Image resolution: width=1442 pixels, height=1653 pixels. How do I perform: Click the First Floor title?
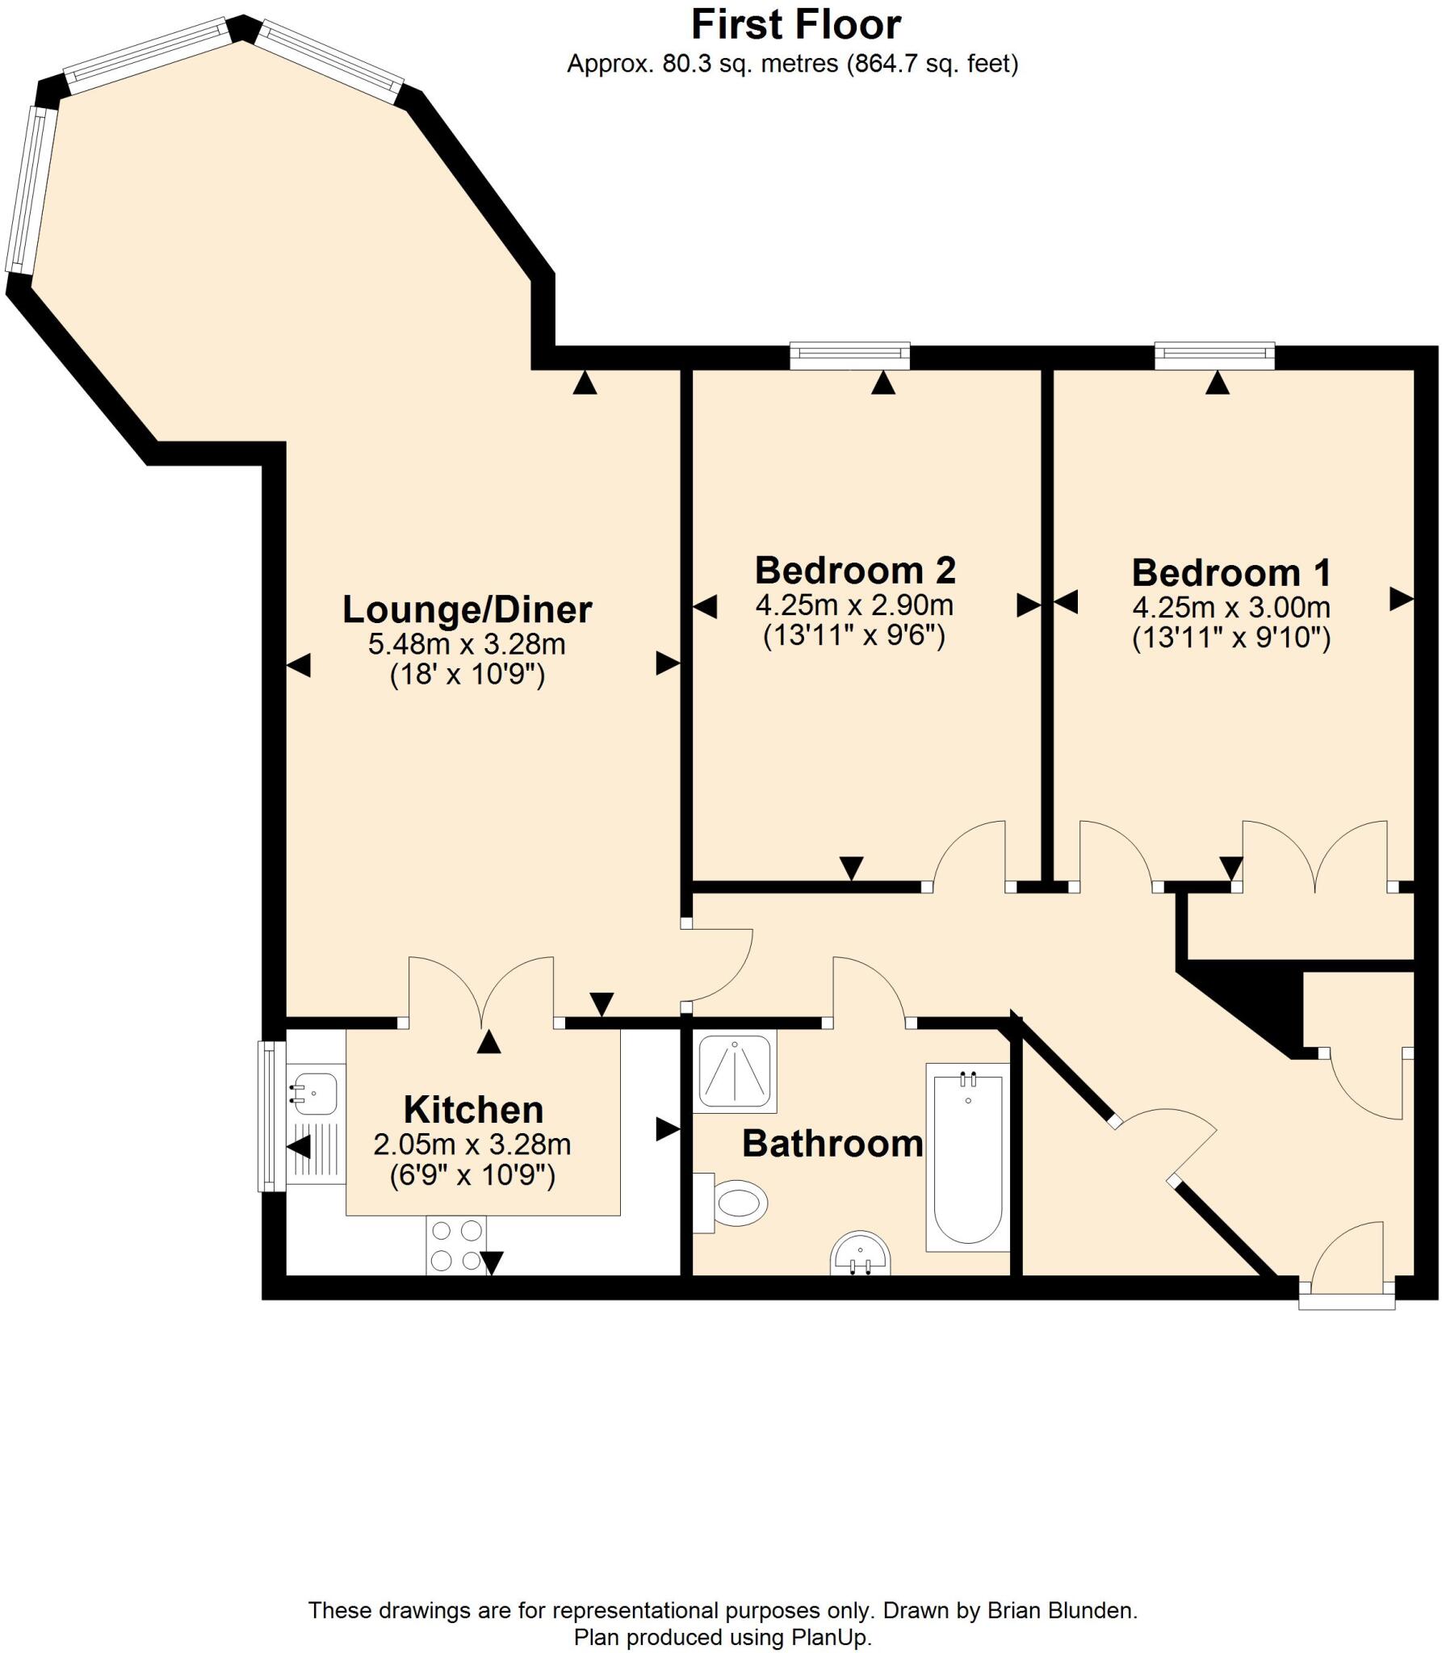tap(795, 25)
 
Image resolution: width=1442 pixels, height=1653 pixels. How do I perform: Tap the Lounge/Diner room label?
tap(467, 609)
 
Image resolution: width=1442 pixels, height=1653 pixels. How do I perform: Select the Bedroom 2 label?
tap(855, 571)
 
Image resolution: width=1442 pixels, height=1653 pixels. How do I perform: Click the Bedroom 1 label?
tap(1231, 573)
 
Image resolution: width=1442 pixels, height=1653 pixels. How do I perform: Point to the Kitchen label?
tap(473, 1110)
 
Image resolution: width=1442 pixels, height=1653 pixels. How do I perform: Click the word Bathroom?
tap(832, 1144)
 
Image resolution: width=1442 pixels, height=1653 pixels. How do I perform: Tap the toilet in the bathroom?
tap(735, 1203)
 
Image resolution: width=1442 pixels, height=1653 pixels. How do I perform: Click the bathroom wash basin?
tap(859, 1256)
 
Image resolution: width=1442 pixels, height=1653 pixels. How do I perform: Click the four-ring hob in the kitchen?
tap(457, 1245)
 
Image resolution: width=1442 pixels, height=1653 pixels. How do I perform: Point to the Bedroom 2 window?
tap(849, 355)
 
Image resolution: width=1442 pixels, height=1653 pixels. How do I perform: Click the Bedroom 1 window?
tap(1214, 355)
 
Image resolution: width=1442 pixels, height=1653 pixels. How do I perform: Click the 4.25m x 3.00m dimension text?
tap(1231, 607)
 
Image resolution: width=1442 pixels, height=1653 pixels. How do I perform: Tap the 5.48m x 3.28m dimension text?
tap(467, 644)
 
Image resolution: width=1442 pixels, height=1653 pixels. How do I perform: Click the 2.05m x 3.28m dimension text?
tap(472, 1145)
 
